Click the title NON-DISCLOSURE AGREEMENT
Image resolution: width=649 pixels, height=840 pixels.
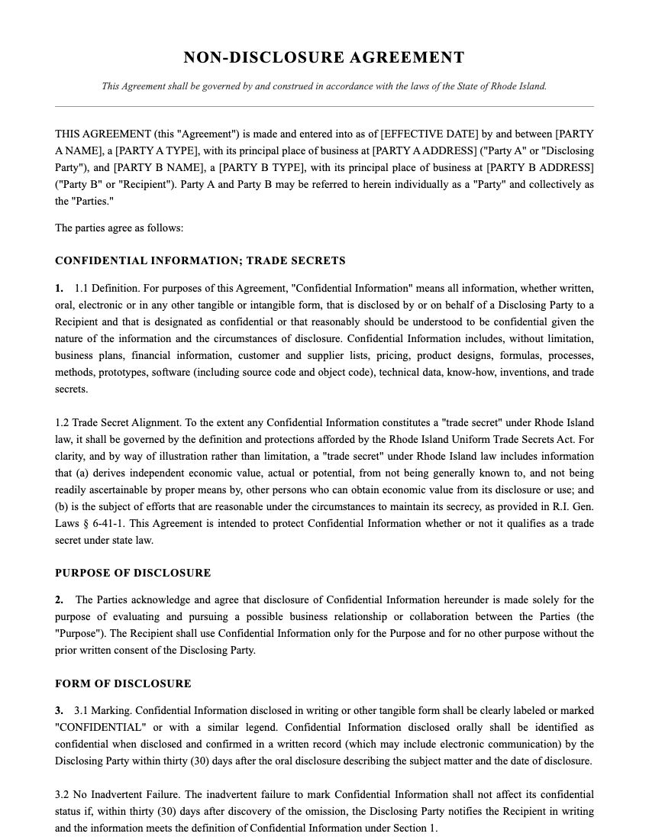coord(324,57)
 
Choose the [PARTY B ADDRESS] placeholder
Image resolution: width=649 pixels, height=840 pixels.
coord(540,167)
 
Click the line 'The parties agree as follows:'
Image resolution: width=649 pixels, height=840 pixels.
coord(119,228)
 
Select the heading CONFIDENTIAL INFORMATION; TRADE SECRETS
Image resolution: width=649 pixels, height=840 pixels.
coord(200,260)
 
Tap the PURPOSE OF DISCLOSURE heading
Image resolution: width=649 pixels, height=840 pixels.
coord(133,573)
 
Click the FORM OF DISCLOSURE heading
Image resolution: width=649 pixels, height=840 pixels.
coord(123,683)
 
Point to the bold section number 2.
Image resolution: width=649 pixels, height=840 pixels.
coord(59,600)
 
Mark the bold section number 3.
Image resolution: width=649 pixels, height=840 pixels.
coord(59,711)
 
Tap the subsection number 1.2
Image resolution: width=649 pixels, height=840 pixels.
coord(62,423)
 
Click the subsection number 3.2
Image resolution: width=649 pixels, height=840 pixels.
coord(62,795)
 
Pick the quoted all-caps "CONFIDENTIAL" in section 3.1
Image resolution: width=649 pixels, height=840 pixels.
coord(98,728)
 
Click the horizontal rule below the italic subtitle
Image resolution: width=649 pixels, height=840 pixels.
coord(324,106)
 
